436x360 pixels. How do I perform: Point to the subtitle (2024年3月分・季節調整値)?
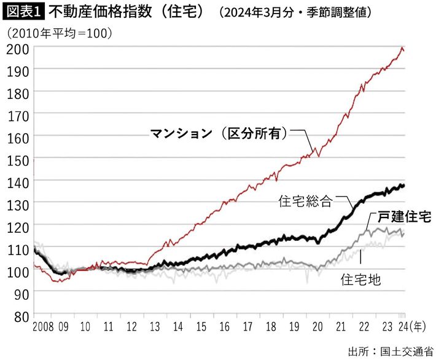pyautogui.click(x=295, y=12)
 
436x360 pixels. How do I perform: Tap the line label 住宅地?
pyautogui.click(x=360, y=280)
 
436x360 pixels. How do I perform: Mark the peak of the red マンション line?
pyautogui.click(x=402, y=48)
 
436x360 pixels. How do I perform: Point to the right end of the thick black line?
pyautogui.click(x=403, y=185)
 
